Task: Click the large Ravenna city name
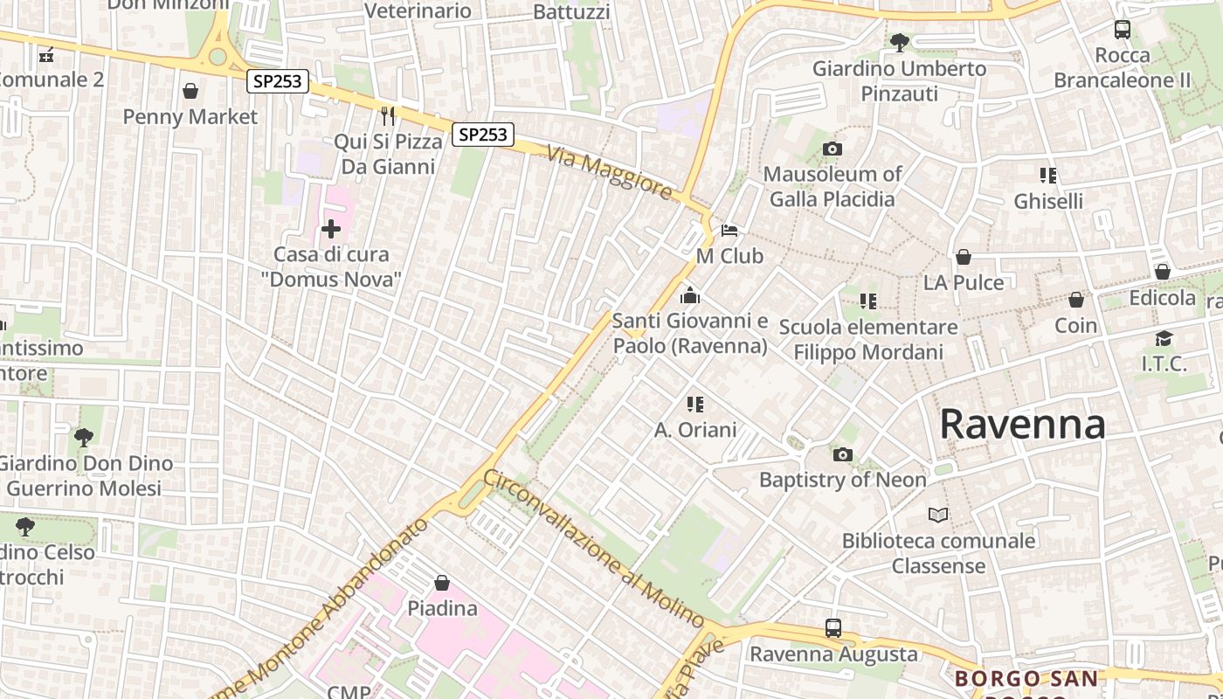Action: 1022,425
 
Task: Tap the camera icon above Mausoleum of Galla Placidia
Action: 832,149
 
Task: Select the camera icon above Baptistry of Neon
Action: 842,454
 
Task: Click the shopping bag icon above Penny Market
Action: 190,91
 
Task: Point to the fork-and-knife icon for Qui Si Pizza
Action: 388,115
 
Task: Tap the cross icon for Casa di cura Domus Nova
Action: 331,230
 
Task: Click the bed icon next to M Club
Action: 729,231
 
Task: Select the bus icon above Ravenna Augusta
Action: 833,628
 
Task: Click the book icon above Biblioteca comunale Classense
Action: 938,516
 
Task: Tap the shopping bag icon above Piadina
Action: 442,583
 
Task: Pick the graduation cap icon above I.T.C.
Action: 1164,338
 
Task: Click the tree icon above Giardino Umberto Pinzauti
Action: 899,42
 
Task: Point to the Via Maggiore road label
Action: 611,172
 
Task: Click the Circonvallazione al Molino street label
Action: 594,549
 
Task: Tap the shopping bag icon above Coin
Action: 1076,300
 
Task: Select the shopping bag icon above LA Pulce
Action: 964,257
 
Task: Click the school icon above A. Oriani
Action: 695,404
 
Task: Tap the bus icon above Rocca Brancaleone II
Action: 1123,30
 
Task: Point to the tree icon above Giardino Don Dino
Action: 84,437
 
